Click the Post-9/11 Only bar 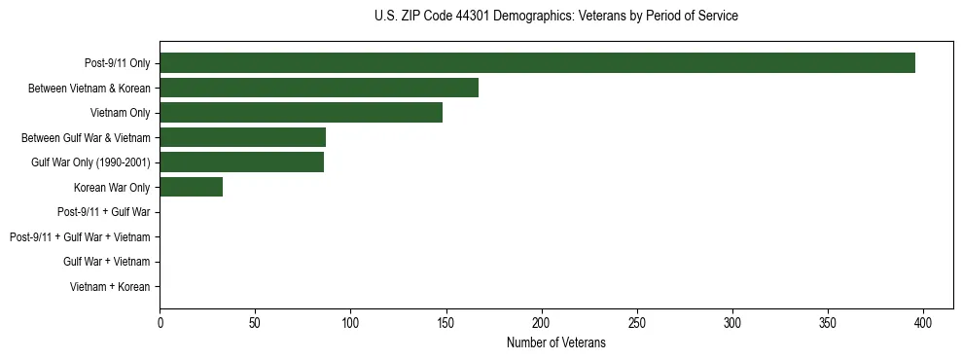pyautogui.click(x=537, y=63)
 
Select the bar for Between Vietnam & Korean pyautogui.click(x=319, y=88)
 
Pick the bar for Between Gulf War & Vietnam pyautogui.click(x=242, y=137)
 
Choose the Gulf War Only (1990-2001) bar pyautogui.click(x=241, y=162)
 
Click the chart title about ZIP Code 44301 pyautogui.click(x=555, y=17)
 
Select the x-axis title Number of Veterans pyautogui.click(x=555, y=342)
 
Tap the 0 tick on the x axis pyautogui.click(x=160, y=322)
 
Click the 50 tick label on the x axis pyautogui.click(x=255, y=322)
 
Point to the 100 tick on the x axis pyautogui.click(x=350, y=322)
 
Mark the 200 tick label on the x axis pyautogui.click(x=542, y=322)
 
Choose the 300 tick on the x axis pyautogui.click(x=732, y=322)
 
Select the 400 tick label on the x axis pyautogui.click(x=923, y=322)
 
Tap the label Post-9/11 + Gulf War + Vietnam pyautogui.click(x=80, y=237)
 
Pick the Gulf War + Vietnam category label pyautogui.click(x=106, y=262)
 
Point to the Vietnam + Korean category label pyautogui.click(x=110, y=287)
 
